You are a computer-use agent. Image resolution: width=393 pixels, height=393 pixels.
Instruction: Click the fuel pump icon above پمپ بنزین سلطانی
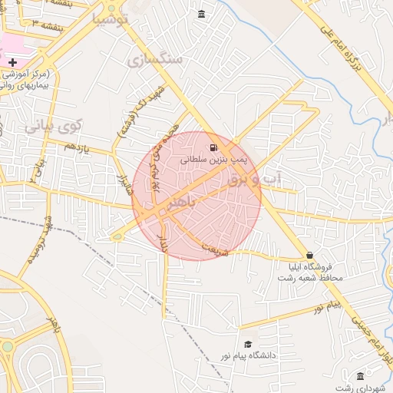coord(213,147)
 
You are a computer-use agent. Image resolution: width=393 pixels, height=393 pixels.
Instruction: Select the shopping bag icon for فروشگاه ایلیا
coord(309,255)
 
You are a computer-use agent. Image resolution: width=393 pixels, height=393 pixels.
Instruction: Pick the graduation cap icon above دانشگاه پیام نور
coord(247,345)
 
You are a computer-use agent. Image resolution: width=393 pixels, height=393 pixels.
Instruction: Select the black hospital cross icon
coord(12,61)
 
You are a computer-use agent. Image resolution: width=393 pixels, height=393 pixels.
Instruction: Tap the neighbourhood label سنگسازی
coord(157,59)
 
